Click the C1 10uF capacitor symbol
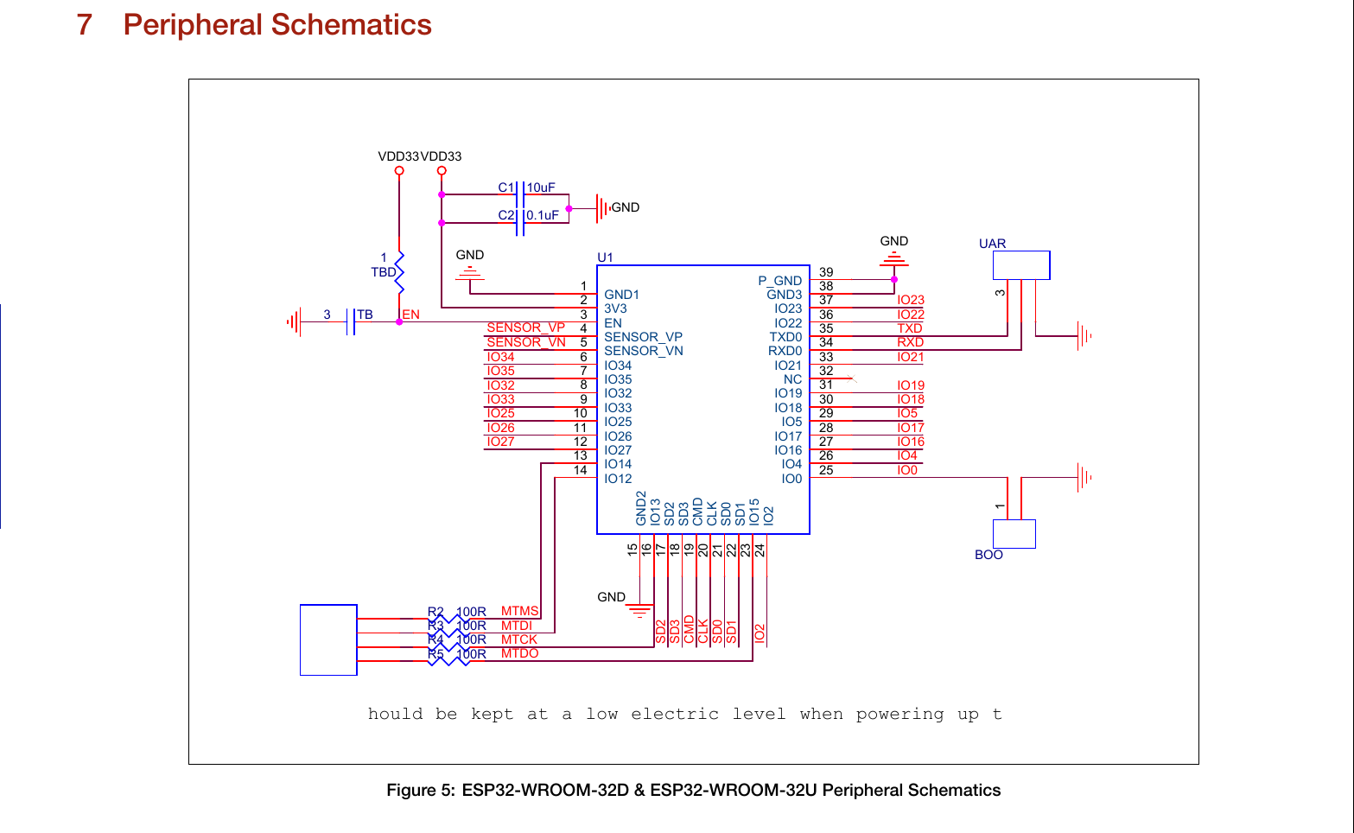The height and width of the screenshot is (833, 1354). click(520, 194)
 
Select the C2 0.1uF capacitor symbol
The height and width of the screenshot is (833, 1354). click(520, 223)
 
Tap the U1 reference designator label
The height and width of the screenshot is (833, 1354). click(605, 258)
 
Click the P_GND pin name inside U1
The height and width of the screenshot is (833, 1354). click(779, 281)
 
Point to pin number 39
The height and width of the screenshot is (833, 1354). click(826, 272)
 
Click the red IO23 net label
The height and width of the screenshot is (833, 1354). click(910, 300)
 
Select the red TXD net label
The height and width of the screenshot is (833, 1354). click(909, 328)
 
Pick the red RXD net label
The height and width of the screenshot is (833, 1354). click(910, 342)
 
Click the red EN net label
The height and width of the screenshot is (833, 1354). click(411, 315)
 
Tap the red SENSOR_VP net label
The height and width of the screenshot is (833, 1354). click(525, 327)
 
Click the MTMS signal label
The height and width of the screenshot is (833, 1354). click(519, 611)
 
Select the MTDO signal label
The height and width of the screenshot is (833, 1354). click(519, 653)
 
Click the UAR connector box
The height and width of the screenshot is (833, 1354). click(1020, 265)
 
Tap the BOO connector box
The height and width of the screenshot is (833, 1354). click(1014, 534)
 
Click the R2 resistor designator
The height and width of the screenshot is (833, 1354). click(435, 612)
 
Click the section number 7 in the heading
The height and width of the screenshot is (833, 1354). click(84, 25)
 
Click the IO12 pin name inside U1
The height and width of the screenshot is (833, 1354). click(618, 479)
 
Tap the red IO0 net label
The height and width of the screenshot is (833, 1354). click(906, 470)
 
